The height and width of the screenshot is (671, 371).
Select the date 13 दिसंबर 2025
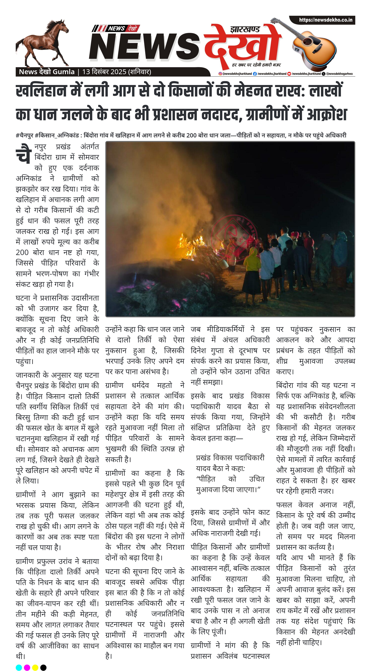pyautogui.click(x=104, y=72)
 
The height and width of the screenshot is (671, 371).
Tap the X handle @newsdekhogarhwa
pyautogui.click(x=339, y=74)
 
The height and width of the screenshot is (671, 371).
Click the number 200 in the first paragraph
pyautogui.click(x=22, y=252)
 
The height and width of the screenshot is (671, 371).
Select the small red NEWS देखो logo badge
pyautogui.click(x=116, y=28)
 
